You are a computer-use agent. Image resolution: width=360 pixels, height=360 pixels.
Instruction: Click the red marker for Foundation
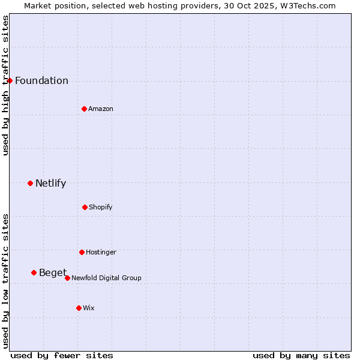point(10,80)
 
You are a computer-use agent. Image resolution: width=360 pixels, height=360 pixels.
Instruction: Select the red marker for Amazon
point(84,109)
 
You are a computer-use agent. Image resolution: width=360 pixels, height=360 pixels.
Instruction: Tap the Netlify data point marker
point(30,183)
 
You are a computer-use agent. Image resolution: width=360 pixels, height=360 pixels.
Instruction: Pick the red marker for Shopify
point(85,207)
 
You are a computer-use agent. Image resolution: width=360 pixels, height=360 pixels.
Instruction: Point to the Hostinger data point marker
point(82,252)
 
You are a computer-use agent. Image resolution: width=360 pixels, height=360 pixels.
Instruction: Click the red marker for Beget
point(34,272)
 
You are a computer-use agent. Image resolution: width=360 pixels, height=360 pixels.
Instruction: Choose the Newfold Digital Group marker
point(67,278)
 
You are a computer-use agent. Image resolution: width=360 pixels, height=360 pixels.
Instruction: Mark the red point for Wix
point(79,308)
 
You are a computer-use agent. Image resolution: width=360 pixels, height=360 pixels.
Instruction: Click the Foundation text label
point(41,81)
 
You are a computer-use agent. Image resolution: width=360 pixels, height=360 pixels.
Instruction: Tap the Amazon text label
point(101,109)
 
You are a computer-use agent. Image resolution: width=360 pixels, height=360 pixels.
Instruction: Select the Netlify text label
point(50,184)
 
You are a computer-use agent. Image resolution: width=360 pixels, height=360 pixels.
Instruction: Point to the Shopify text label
point(101,208)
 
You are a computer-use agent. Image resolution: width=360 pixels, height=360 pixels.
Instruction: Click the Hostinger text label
point(101,253)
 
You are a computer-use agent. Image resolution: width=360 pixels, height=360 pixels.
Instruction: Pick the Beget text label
point(53,273)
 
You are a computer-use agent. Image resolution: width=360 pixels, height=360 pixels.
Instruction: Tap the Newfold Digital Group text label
point(106,278)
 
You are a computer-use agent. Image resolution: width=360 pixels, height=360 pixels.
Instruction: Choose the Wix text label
point(89,308)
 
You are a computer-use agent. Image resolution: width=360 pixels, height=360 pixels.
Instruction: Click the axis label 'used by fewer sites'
point(62,355)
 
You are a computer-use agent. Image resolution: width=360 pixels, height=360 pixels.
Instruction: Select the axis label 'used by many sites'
point(301,355)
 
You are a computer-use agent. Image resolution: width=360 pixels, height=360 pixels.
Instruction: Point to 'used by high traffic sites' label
point(5,85)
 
